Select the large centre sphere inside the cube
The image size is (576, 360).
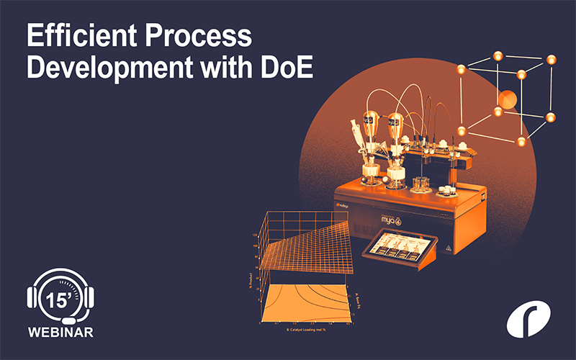(x=508, y=99)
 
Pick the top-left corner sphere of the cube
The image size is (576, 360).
(x=460, y=71)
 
